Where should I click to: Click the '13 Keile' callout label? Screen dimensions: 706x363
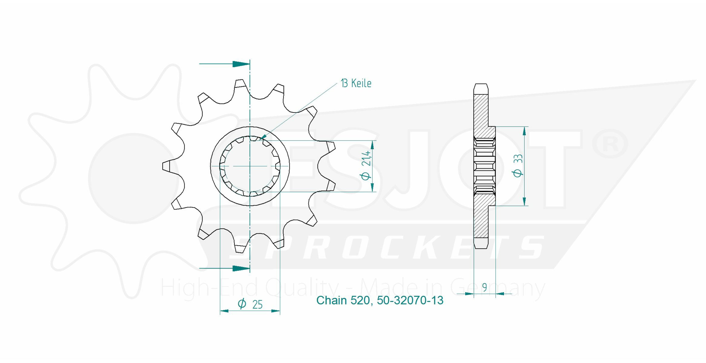tap(356, 83)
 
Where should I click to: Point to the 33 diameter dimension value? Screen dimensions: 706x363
tap(518, 159)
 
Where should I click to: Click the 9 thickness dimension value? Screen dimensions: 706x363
tap(485, 288)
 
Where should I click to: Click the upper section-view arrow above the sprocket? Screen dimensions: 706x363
tap(225, 64)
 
